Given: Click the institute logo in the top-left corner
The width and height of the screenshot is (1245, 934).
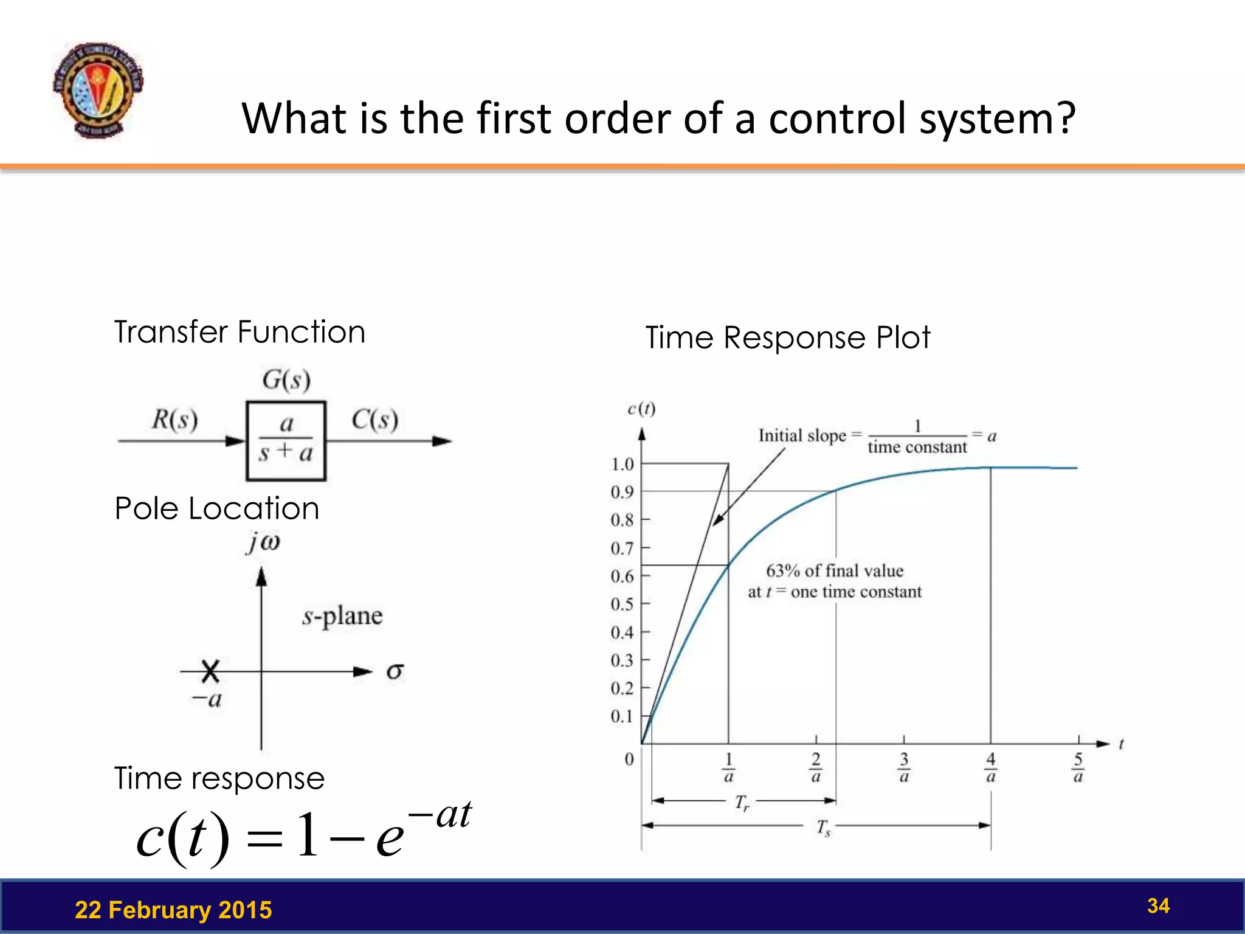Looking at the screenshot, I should click(98, 90).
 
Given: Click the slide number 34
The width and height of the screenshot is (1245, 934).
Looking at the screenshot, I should click(1158, 905).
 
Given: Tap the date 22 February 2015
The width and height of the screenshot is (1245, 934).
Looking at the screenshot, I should click(173, 910).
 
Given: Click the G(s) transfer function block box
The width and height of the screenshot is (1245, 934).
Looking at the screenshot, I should click(286, 440).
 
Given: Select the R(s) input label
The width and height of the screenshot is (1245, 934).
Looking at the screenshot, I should click(174, 420).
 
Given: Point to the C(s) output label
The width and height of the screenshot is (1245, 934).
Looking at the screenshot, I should click(374, 420).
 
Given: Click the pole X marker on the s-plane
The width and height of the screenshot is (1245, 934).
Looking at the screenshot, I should click(210, 671).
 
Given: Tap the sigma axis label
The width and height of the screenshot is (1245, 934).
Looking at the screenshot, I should click(395, 671).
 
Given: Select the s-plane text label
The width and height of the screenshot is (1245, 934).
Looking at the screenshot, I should click(342, 616).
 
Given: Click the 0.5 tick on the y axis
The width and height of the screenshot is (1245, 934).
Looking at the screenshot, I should click(622, 604).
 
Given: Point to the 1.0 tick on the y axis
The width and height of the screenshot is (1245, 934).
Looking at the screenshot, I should click(622, 464).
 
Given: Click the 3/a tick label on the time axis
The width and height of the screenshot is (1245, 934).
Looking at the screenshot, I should click(903, 767).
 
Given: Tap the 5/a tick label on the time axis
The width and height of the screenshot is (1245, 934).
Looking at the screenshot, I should click(1078, 767).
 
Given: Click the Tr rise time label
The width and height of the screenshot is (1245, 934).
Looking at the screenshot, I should click(742, 803).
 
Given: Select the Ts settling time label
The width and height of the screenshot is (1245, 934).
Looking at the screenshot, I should click(823, 828).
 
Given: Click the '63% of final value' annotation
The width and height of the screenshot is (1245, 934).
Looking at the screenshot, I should click(835, 570).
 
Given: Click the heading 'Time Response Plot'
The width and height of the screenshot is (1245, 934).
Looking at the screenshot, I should click(787, 337).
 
